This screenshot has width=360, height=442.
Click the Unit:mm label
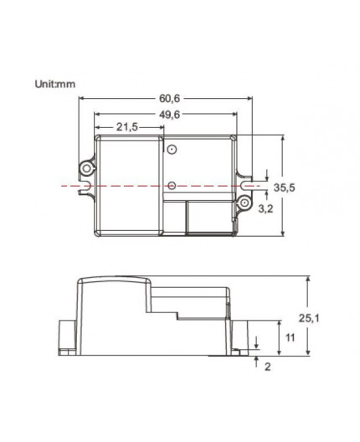(54, 84)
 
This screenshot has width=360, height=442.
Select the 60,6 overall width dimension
(167, 97)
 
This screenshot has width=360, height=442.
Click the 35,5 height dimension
(286, 188)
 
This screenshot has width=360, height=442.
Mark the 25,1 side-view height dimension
(309, 318)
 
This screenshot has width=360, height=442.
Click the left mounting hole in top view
(86, 167)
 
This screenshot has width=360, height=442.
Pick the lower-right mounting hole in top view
(245, 202)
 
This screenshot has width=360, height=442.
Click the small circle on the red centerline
(171, 184)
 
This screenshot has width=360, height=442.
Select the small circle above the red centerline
(171, 151)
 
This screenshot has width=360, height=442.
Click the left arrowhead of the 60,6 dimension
(82, 99)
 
